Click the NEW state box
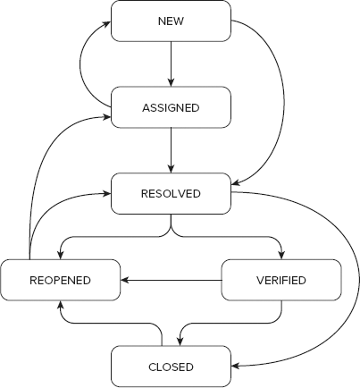(x=170, y=21)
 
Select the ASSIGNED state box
(x=170, y=107)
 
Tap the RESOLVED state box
(x=170, y=194)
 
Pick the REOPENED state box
(x=60, y=280)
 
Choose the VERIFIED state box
(x=280, y=280)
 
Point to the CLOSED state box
(x=170, y=367)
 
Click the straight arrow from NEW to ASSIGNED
(x=170, y=63)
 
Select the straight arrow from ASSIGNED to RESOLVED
(x=170, y=150)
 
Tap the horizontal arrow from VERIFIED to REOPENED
(x=170, y=280)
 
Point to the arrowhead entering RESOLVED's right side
(x=235, y=185)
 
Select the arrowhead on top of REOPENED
(x=60, y=255)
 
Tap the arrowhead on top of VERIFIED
(x=280, y=255)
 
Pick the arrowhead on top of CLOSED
(x=181, y=342)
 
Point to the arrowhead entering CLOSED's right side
(x=235, y=367)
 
